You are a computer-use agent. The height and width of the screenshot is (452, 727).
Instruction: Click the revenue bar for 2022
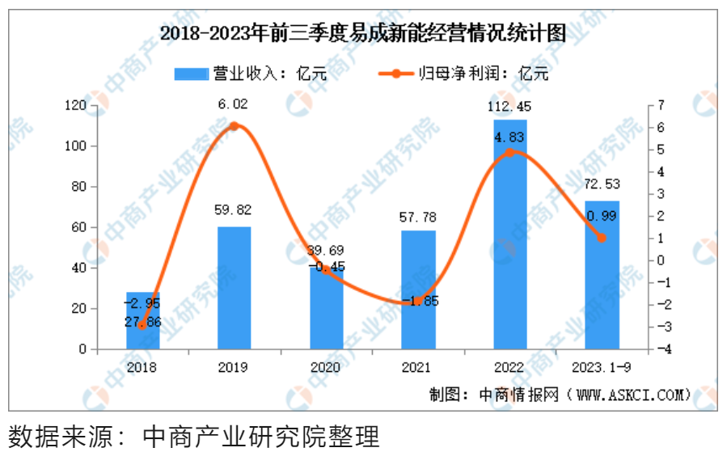[510, 234]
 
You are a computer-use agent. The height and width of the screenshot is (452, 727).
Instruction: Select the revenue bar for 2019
[234, 288]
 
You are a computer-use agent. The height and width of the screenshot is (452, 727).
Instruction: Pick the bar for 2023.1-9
[602, 275]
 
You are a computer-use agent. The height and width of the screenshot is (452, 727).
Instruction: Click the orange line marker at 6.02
[234, 126]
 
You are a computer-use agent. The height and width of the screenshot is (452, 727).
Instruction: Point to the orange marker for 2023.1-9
[602, 238]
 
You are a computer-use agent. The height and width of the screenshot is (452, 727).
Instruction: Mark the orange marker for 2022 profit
[510, 152]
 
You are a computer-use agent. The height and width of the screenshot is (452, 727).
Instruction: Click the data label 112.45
[510, 104]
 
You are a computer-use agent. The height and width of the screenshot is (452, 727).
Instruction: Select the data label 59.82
[234, 210]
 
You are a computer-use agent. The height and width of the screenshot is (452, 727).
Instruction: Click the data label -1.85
[418, 301]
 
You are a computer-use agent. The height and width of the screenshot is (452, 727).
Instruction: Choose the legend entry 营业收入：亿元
[251, 74]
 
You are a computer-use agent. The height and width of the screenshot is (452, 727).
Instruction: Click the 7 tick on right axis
[661, 105]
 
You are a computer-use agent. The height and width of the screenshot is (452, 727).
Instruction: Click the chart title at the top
[362, 35]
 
